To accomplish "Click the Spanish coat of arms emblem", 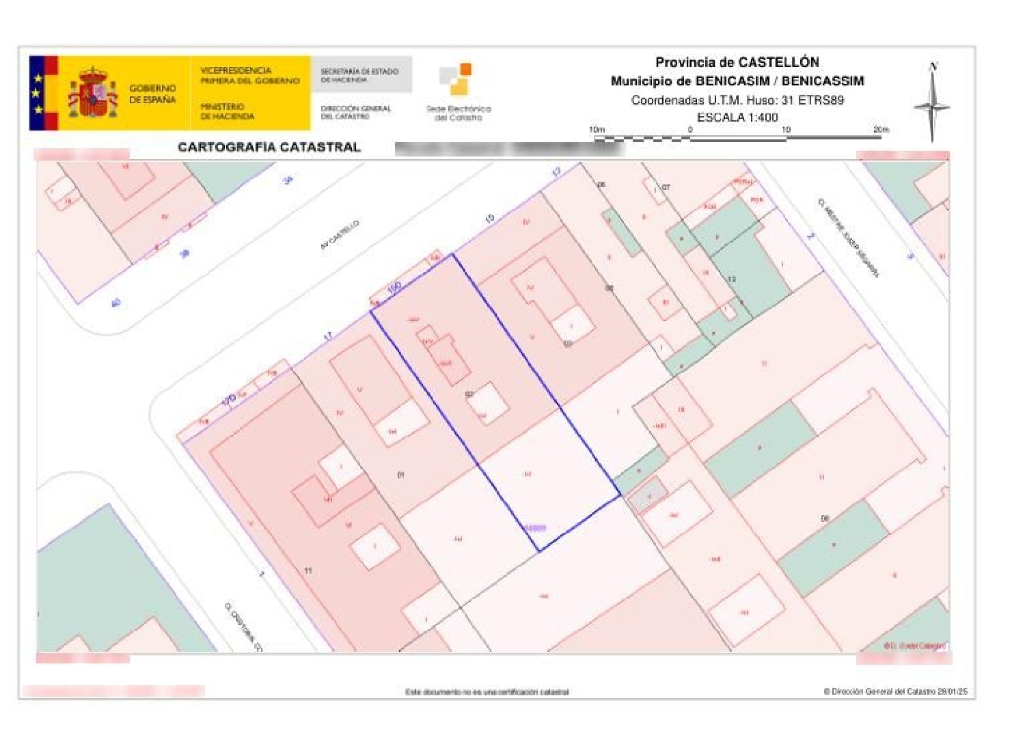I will [x=93, y=93].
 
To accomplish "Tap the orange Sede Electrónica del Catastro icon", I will [x=456, y=79].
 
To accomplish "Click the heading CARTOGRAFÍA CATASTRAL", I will [x=269, y=147].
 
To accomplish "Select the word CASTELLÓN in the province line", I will [x=778, y=62].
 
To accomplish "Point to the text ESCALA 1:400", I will [x=737, y=117].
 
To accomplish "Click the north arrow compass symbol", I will [x=932, y=104].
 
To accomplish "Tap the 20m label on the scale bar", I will [x=881, y=129].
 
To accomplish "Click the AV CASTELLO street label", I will [x=340, y=235].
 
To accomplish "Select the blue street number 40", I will [x=115, y=302].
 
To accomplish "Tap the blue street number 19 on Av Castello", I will [x=489, y=219].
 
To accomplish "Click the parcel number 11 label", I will [x=308, y=570].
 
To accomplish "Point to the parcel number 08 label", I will [x=825, y=519].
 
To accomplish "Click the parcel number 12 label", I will [x=732, y=279].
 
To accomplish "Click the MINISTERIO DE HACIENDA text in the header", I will [x=228, y=111].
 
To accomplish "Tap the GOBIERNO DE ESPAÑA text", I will [x=152, y=94].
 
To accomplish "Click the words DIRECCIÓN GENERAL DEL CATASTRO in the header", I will [x=356, y=112].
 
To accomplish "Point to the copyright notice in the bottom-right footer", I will [x=895, y=691].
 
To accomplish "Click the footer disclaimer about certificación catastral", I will [x=487, y=692].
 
